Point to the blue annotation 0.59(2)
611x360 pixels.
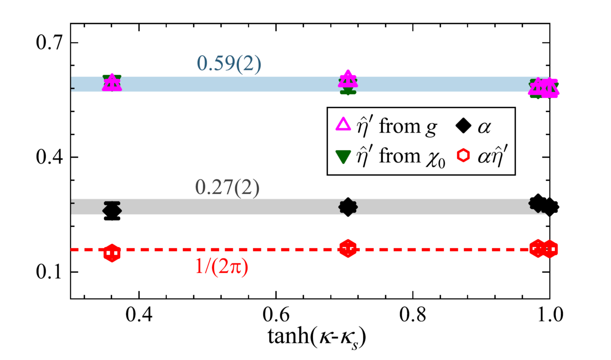pos(229,64)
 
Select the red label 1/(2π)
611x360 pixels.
pos(221,268)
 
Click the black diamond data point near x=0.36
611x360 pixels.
pos(112,211)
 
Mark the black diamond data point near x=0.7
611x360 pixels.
pos(348,207)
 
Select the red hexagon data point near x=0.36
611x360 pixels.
pos(112,254)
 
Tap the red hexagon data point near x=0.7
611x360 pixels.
pos(348,249)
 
